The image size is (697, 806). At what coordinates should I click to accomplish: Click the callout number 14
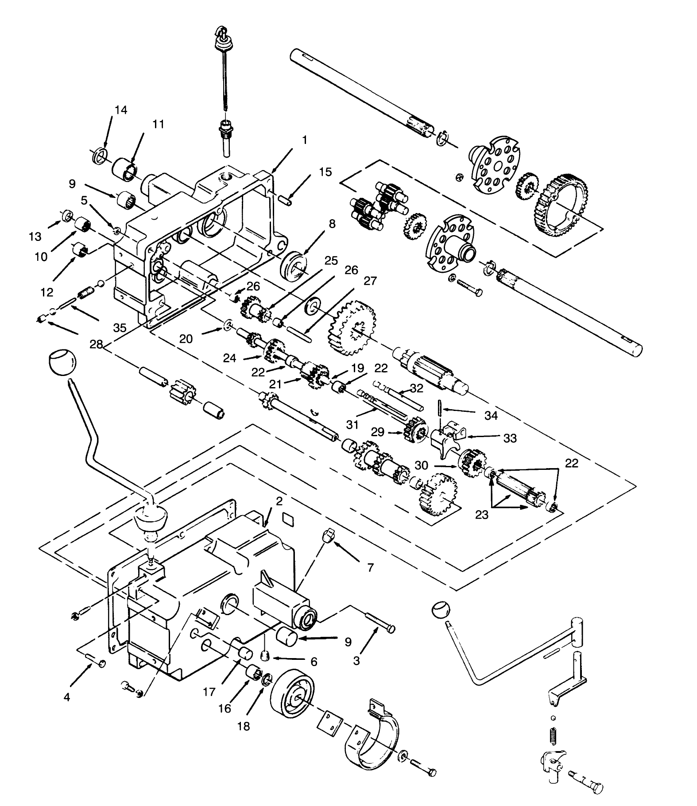tap(120, 110)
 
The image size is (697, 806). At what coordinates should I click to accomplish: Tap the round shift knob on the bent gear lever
tap(61, 362)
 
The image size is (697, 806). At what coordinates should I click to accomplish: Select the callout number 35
tap(120, 328)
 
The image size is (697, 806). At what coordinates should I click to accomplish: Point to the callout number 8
tap(332, 224)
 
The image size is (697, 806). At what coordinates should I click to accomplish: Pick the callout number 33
tap(510, 438)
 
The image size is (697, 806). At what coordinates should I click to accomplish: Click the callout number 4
tap(67, 697)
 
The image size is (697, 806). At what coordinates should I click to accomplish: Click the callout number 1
tap(304, 140)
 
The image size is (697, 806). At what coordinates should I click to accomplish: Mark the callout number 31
tap(352, 425)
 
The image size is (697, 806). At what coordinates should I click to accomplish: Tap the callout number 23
tap(481, 515)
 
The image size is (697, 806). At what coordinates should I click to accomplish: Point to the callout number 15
tap(325, 172)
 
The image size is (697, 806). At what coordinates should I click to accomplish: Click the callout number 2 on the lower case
tap(279, 501)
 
